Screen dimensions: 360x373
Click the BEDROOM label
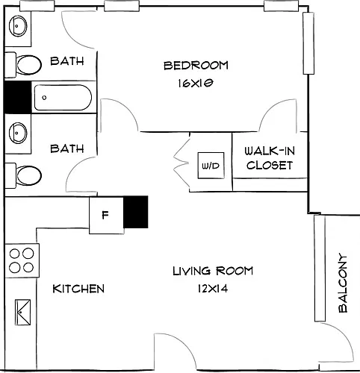pyautogui.click(x=196, y=66)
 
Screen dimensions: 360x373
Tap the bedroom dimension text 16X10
pyautogui.click(x=196, y=84)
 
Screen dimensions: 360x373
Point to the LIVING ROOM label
pyautogui.click(x=213, y=271)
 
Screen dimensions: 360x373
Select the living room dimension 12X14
pyautogui.click(x=213, y=289)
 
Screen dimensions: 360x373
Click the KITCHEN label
pyautogui.click(x=78, y=289)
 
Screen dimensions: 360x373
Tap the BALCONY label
pyautogui.click(x=343, y=283)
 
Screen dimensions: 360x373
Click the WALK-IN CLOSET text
pyautogui.click(x=270, y=158)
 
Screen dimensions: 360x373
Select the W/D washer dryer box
pyautogui.click(x=211, y=166)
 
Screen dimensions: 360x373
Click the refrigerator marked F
pyautogui.click(x=106, y=215)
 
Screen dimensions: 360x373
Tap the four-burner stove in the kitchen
pyautogui.click(x=22, y=260)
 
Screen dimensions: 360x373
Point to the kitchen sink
pyautogui.click(x=23, y=313)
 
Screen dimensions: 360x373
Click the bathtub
pyautogui.click(x=63, y=98)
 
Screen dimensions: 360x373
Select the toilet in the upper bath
pyautogui.click(x=23, y=65)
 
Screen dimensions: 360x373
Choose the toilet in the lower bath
pyautogui.click(x=23, y=175)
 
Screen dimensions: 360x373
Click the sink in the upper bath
pyautogui.click(x=18, y=25)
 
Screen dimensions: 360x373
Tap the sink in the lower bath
pyautogui.click(x=18, y=133)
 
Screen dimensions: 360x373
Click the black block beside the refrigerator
pyautogui.click(x=136, y=212)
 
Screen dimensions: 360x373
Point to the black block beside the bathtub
pyautogui.click(x=18, y=97)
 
